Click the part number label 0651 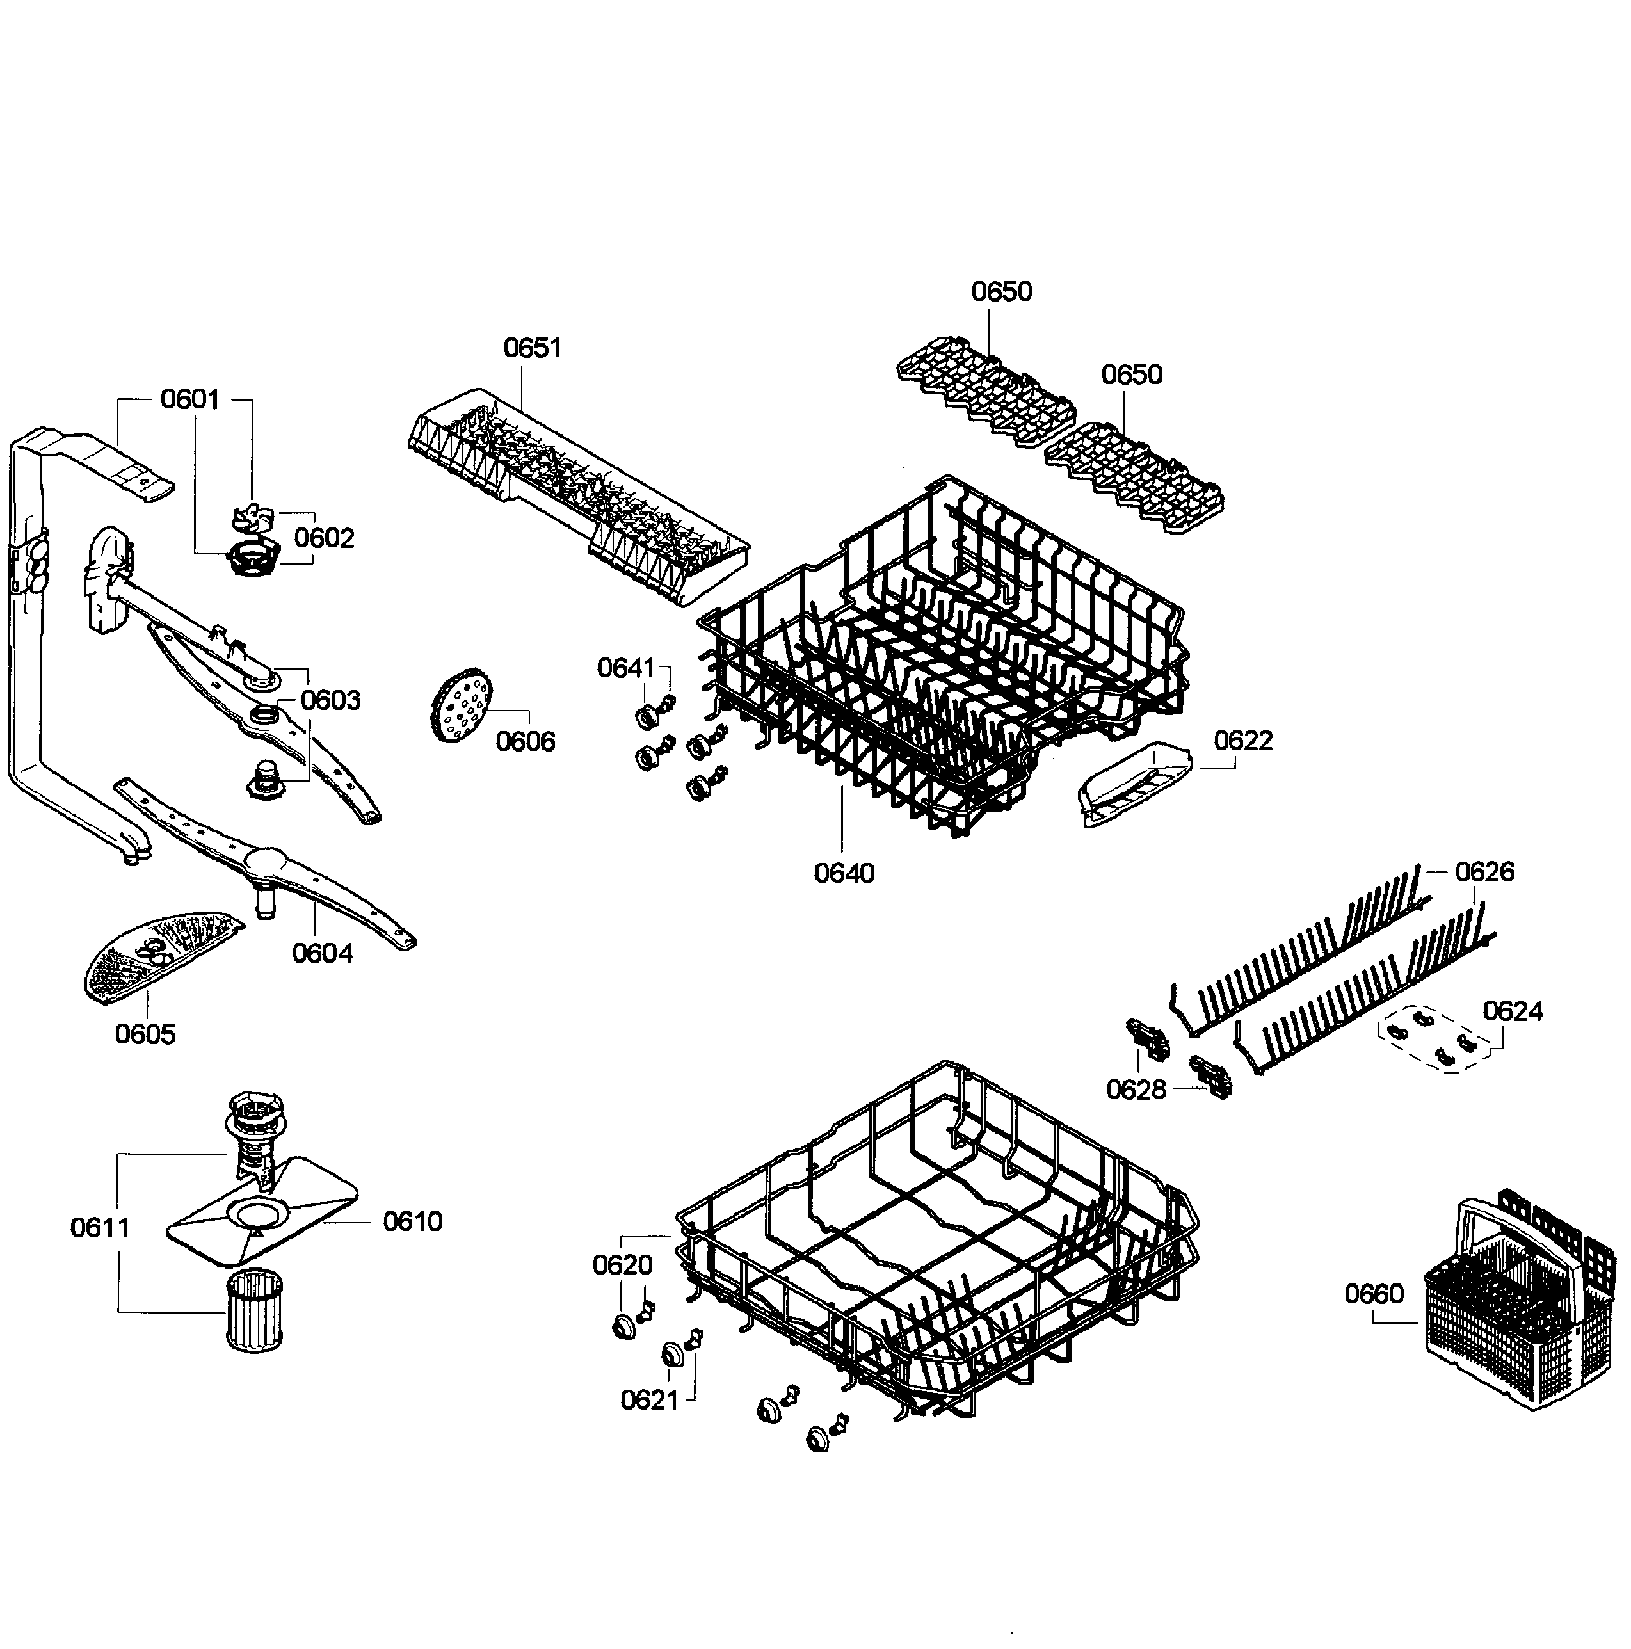532,348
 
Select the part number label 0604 322,953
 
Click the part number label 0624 1513,1011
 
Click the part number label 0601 189,399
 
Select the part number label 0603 330,700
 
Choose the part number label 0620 622,1265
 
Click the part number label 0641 625,668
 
